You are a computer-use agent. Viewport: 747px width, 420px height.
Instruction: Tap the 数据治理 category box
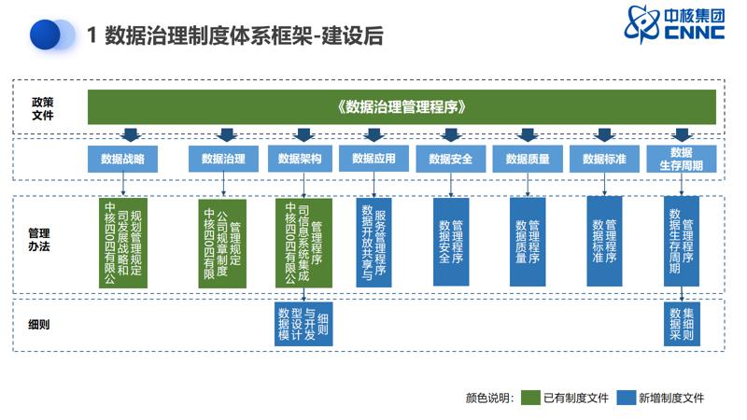(223, 159)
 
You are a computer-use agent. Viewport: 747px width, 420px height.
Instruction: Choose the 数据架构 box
(300, 159)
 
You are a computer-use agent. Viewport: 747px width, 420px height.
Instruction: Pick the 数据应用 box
(373, 159)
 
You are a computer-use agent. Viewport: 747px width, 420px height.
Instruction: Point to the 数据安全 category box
(451, 159)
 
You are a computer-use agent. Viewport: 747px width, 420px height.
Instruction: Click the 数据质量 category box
(528, 159)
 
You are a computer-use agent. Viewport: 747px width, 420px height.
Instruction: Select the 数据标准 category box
(604, 159)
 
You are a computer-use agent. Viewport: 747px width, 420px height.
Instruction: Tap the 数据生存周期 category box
(681, 159)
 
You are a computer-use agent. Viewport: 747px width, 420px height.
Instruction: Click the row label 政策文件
(43, 107)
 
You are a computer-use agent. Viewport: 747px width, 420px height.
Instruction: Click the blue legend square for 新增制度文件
(626, 397)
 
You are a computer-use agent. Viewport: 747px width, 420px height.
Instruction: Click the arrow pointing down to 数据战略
(130, 135)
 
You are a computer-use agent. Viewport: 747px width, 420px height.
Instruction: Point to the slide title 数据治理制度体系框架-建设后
(234, 36)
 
